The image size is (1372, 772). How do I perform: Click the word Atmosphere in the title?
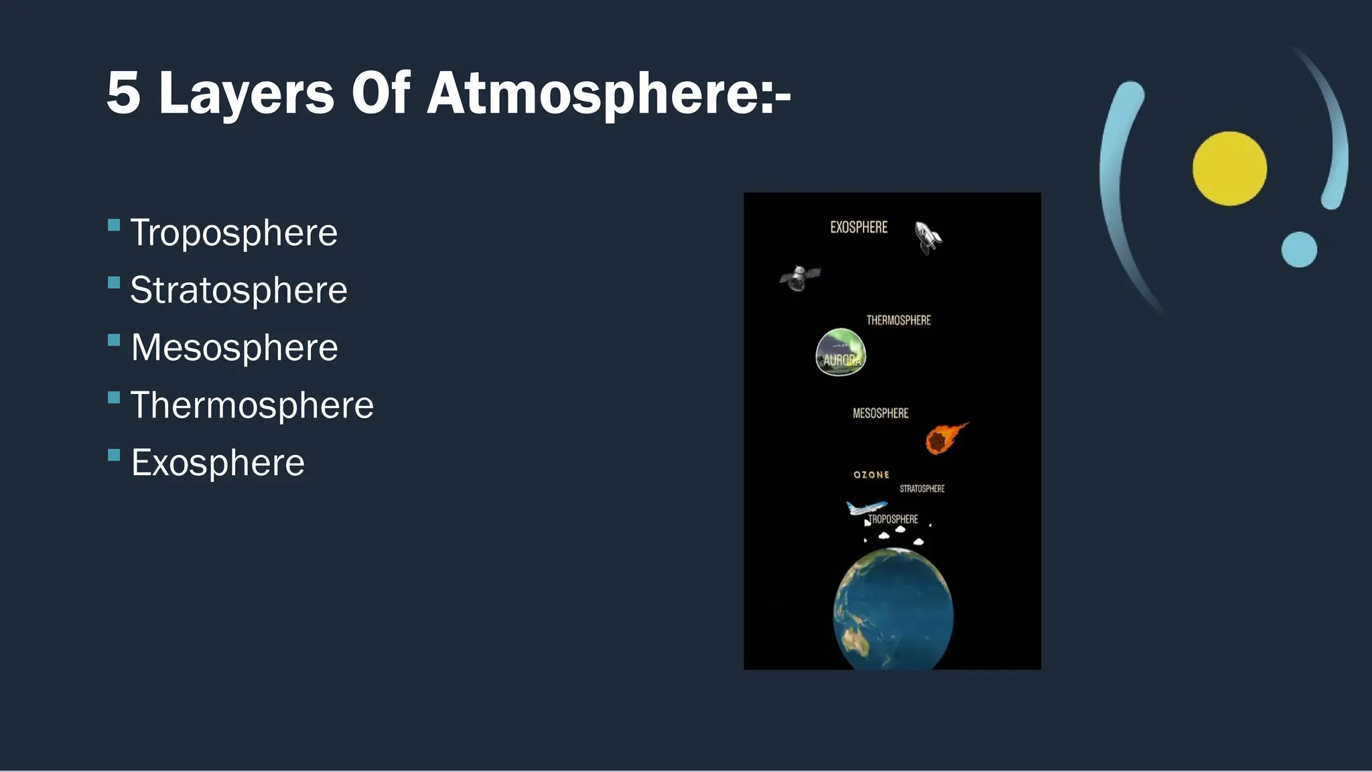(x=608, y=94)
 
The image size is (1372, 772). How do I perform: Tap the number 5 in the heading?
(x=124, y=94)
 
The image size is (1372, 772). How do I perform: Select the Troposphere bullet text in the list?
(x=234, y=233)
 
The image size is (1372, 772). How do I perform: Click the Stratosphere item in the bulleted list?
(x=238, y=290)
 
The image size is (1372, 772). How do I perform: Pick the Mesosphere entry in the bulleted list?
(x=234, y=348)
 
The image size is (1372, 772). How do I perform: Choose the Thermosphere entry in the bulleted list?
(x=252, y=405)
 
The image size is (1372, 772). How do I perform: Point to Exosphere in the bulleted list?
(x=218, y=463)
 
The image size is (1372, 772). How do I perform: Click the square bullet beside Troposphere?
(x=114, y=225)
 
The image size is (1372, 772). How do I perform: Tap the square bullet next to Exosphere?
(x=114, y=456)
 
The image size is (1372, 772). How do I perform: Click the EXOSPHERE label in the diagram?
(x=859, y=228)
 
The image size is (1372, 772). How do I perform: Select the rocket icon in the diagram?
(x=929, y=238)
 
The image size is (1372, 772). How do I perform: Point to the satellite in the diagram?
(x=799, y=277)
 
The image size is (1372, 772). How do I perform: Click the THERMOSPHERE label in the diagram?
(x=898, y=320)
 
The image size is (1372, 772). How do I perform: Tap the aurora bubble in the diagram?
(x=841, y=352)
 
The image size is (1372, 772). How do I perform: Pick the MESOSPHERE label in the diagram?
(x=880, y=413)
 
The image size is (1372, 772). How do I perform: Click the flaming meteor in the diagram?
(x=943, y=439)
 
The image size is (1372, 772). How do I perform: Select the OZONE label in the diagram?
(x=872, y=474)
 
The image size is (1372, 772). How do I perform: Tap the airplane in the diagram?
(x=865, y=507)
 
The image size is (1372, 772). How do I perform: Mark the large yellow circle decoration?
(x=1229, y=168)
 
